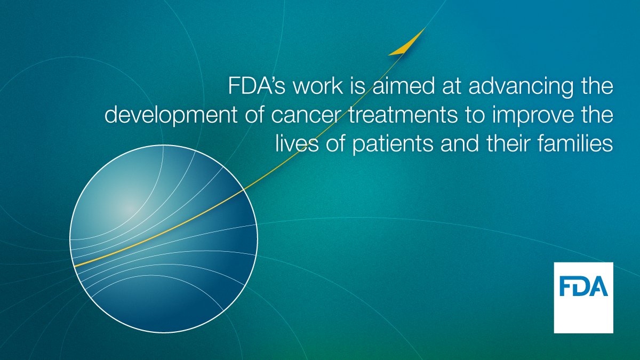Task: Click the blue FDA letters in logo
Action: (583, 286)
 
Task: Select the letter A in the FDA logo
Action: (599, 286)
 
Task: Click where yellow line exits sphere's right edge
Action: (244, 189)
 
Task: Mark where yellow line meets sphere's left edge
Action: (74, 265)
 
